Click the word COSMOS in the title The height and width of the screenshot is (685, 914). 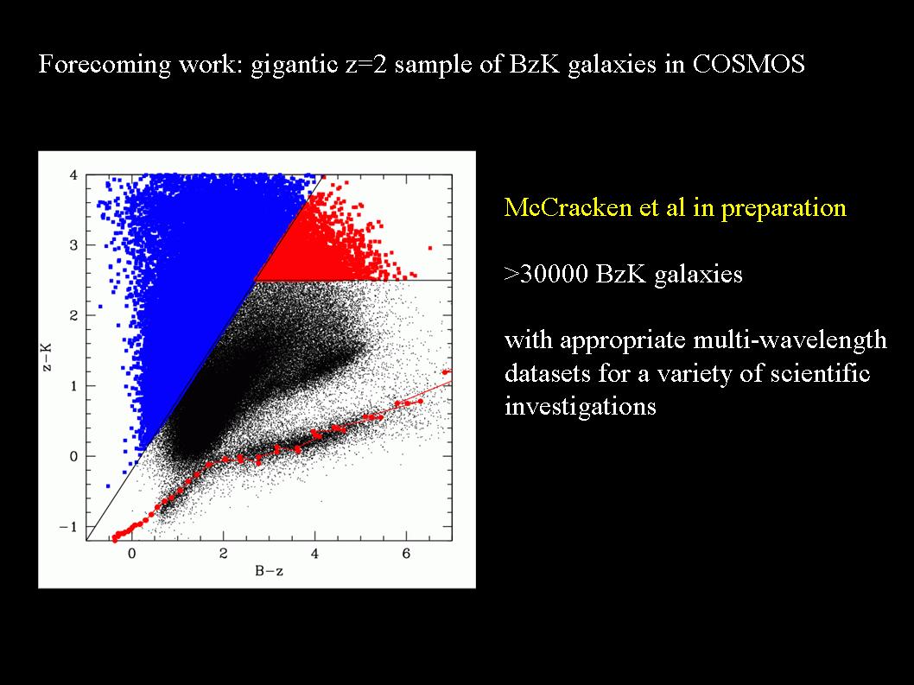(x=748, y=64)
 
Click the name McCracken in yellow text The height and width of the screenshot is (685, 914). (x=568, y=207)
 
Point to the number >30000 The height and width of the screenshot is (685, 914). (x=546, y=274)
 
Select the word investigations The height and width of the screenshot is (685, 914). (x=581, y=406)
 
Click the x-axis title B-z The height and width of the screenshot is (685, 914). (x=270, y=571)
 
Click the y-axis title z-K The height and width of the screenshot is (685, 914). (x=48, y=357)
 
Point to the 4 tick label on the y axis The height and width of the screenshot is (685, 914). (x=73, y=174)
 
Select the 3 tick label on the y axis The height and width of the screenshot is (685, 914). (x=73, y=244)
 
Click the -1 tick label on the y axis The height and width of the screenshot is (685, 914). (x=68, y=526)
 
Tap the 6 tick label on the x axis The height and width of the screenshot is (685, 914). (x=406, y=553)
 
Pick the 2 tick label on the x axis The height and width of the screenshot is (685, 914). (x=223, y=553)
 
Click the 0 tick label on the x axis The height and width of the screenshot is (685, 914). (x=131, y=553)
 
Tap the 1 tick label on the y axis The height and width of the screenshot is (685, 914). (x=73, y=386)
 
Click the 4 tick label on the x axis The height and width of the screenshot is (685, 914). (x=314, y=553)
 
